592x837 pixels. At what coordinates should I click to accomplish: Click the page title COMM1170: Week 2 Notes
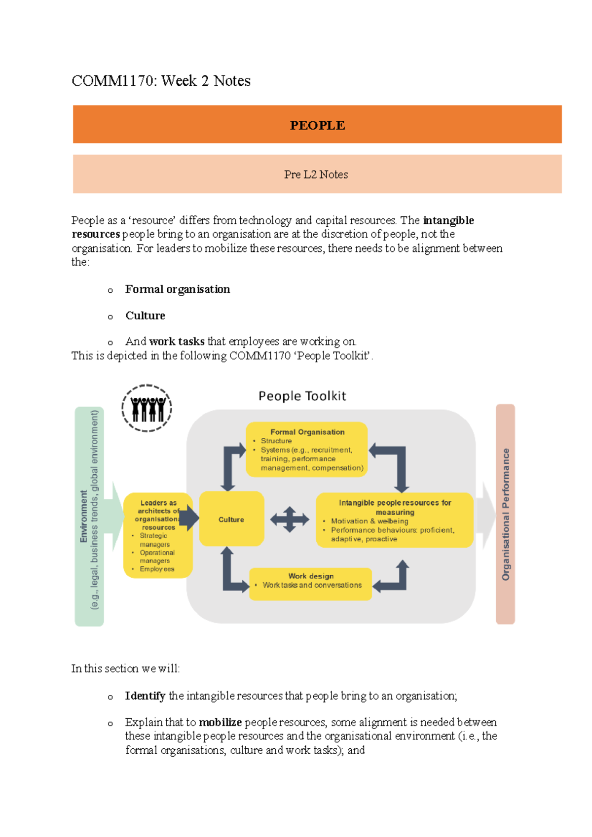[161, 81]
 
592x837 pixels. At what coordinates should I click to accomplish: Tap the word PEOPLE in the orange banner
[317, 125]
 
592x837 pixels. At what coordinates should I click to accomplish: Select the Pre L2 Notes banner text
[316, 174]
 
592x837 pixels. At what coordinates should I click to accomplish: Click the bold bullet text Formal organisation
[178, 289]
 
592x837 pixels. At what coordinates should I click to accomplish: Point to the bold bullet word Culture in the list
[145, 315]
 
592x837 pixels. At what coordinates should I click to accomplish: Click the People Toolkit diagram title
[302, 396]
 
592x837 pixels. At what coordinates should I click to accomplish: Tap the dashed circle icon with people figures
[147, 408]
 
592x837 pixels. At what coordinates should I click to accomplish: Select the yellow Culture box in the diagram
[231, 519]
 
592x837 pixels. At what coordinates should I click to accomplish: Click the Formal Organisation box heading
[307, 432]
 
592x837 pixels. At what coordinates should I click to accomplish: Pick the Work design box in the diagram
[310, 584]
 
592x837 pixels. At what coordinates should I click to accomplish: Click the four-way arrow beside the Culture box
[290, 519]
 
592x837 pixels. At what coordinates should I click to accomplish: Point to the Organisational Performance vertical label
[505, 514]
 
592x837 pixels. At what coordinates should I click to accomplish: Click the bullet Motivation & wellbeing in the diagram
[370, 521]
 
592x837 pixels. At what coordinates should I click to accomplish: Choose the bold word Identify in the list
[145, 696]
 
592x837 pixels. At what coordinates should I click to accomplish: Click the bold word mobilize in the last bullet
[220, 723]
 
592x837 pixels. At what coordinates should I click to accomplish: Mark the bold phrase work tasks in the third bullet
[177, 342]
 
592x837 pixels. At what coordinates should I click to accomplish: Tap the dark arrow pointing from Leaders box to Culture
[189, 518]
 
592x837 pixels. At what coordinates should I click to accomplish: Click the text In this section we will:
[126, 668]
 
